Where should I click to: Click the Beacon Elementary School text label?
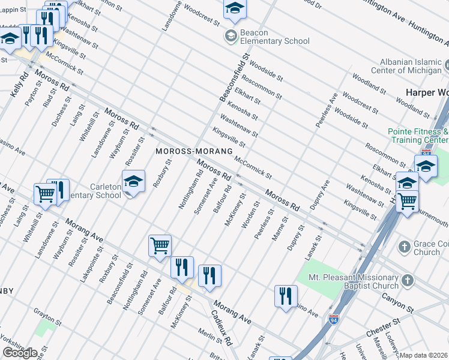[x=275, y=37]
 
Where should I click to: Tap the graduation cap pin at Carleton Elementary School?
[x=133, y=181]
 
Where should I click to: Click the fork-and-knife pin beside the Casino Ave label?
[x=286, y=296]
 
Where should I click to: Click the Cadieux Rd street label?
[x=221, y=328]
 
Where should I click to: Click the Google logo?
[x=20, y=352]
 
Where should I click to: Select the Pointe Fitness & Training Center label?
[x=418, y=135]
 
